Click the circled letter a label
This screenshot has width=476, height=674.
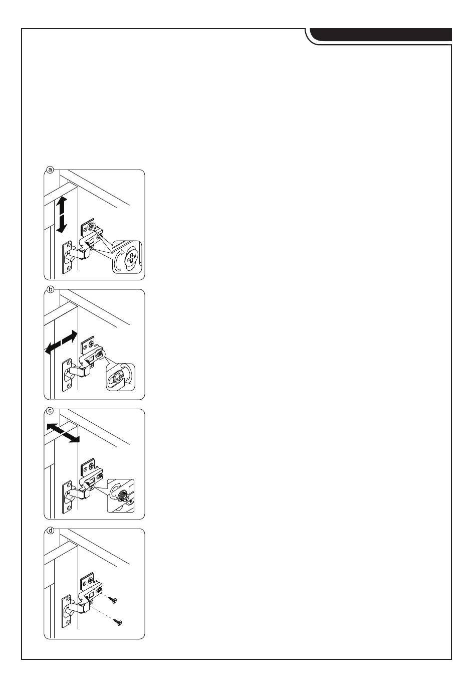pyautogui.click(x=50, y=170)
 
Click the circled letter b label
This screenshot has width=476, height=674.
pyautogui.click(x=50, y=289)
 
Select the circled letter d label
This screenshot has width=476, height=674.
pyautogui.click(x=50, y=530)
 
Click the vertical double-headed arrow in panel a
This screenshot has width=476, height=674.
pyautogui.click(x=61, y=214)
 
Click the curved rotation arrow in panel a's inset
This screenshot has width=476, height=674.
pyautogui.click(x=118, y=261)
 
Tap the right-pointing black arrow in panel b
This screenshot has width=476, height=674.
pyautogui.click(x=70, y=337)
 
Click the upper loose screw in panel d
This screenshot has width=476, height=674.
pyautogui.click(x=115, y=600)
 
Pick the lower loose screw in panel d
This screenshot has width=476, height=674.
pyautogui.click(x=119, y=622)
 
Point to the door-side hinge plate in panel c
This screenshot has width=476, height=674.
pyautogui.click(x=67, y=496)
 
